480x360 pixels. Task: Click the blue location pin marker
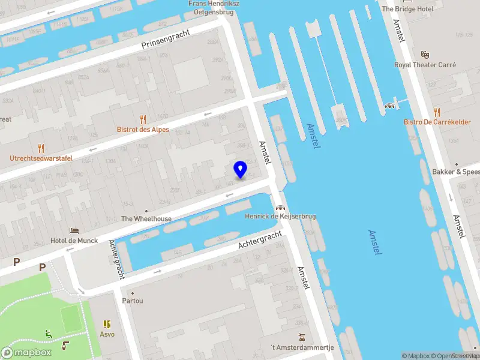(x=241, y=169)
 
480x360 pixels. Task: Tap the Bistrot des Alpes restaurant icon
(x=143, y=119)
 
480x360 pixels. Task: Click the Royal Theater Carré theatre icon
(x=425, y=55)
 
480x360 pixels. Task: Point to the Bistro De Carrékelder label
(x=437, y=122)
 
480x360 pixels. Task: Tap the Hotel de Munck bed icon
(x=74, y=231)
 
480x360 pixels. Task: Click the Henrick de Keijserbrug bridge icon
(x=280, y=206)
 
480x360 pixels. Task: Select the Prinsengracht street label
(x=165, y=41)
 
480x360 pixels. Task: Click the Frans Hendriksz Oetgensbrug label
(x=214, y=7)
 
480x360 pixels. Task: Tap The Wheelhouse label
(x=146, y=219)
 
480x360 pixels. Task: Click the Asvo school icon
(x=107, y=324)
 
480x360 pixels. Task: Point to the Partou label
(x=133, y=301)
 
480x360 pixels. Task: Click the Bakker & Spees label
(x=456, y=172)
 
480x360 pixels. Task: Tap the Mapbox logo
(x=26, y=353)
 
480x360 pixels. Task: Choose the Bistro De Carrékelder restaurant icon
(x=437, y=112)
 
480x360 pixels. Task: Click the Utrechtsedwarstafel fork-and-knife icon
(x=41, y=148)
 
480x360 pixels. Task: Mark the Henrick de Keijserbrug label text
(x=280, y=216)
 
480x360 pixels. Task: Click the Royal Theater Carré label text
(x=425, y=65)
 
